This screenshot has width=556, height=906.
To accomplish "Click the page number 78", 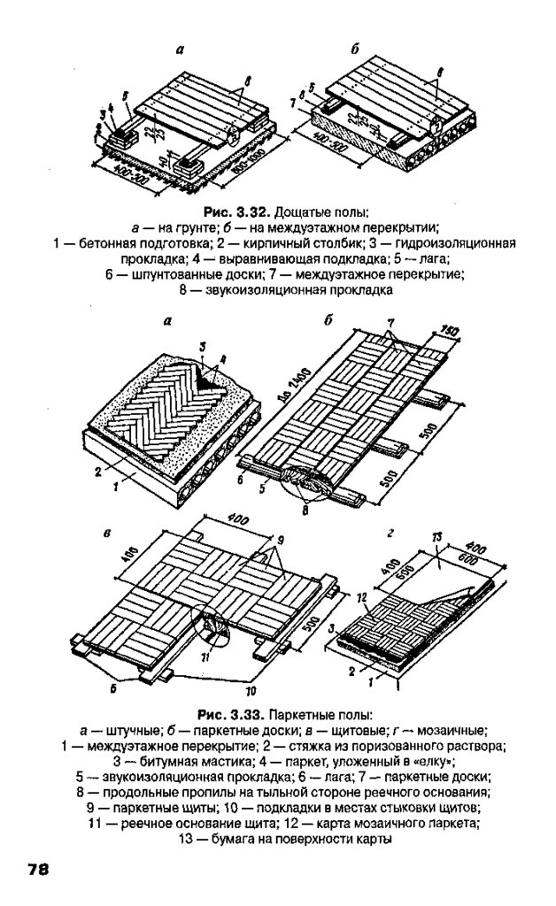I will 37,870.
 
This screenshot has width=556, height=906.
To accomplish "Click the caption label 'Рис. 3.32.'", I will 238,214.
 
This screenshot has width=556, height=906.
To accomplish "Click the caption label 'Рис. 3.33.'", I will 232,714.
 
